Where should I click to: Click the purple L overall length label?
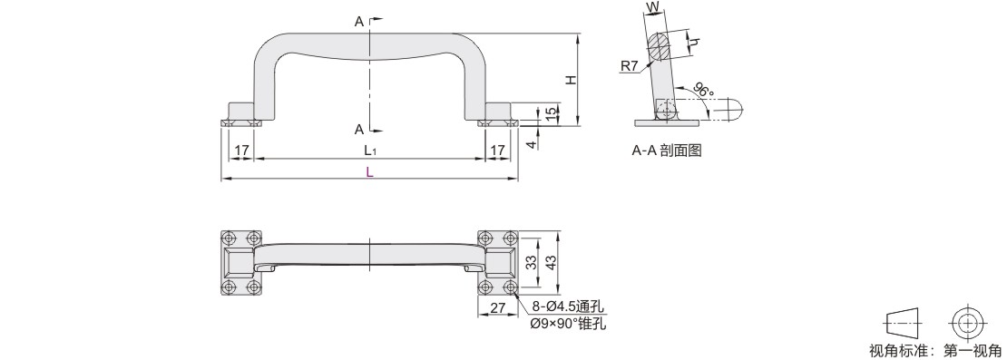(369, 172)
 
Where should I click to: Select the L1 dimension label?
(369, 151)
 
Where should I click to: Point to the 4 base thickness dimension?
(531, 144)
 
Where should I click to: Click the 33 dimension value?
(531, 262)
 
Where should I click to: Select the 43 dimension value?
(551, 262)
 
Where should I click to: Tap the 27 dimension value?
(497, 308)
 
